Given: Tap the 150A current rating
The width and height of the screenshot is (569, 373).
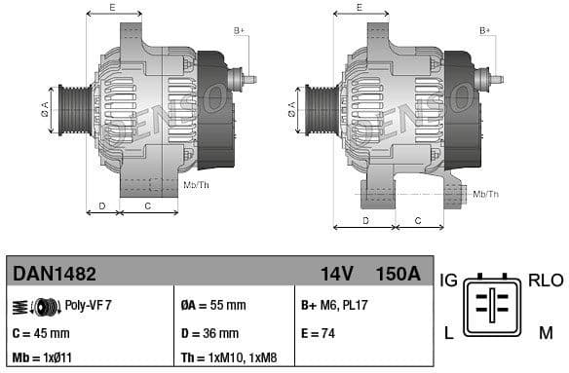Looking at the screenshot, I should point(398,274).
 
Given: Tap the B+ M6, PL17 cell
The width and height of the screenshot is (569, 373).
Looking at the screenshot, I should point(333,305).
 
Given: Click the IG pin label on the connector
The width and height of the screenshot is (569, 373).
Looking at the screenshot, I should point(449,280).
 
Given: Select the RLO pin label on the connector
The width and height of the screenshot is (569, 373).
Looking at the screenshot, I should point(546,280).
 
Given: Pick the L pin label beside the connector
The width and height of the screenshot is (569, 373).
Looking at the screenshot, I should point(449,333).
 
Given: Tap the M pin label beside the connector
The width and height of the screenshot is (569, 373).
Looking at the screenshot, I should point(545,333).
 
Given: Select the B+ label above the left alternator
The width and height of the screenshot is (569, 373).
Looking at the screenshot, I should point(240,31).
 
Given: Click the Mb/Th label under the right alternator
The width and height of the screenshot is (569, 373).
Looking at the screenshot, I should point(485,194).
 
